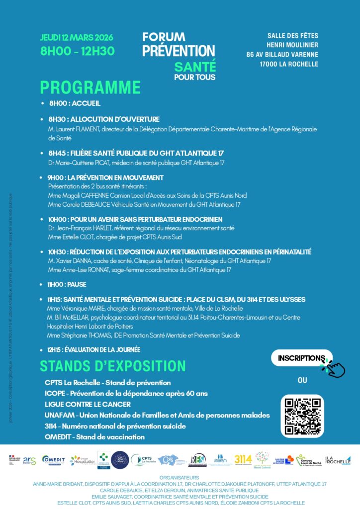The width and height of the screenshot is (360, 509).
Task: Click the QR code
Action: (303, 416)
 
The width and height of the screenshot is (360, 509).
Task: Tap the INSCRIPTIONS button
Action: (301, 358)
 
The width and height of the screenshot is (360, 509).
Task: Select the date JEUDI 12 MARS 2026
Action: (77, 38)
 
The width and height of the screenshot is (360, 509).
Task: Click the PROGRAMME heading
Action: (90, 87)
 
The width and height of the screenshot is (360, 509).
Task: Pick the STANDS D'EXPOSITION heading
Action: (113, 366)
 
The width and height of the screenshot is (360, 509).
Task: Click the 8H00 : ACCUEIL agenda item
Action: (74, 103)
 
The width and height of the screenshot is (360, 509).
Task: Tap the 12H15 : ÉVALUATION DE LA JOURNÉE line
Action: (93, 349)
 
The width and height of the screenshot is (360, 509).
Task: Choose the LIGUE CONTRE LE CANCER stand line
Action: (88, 404)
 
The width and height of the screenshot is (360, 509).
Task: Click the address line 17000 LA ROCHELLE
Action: (288, 64)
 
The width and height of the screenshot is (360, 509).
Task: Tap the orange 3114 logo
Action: (243, 459)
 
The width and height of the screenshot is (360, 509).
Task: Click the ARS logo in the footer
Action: (29, 460)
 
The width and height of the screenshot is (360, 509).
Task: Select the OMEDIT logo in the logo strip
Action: (53, 460)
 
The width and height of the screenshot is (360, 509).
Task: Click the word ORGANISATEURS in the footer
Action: (180, 477)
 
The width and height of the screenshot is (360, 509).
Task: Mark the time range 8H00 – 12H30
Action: (78, 51)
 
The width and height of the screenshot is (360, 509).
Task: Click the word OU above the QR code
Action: (302, 380)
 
